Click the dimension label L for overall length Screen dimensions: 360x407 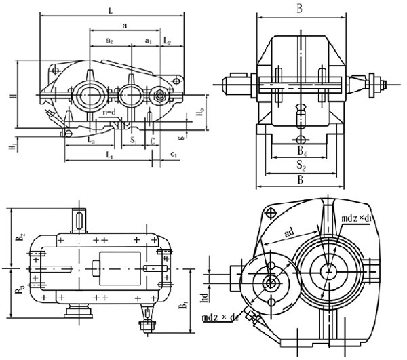pos(109,9)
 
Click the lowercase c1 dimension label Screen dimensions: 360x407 pos(174,155)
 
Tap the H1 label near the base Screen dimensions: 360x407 pos(12,145)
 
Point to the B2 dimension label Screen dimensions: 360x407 pos(20,237)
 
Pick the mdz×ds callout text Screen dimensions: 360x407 pos(218,317)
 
